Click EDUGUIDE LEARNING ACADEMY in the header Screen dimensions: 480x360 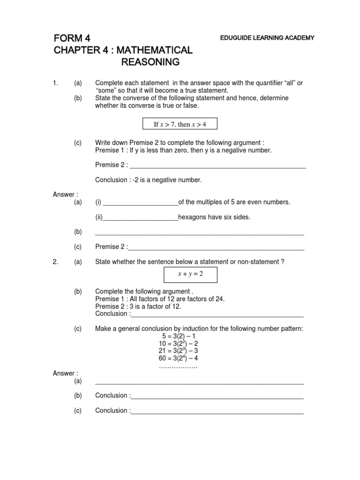click(267, 38)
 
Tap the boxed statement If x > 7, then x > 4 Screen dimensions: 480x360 click(180, 124)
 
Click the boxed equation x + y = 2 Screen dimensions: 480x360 click(190, 274)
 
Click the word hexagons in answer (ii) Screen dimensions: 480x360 click(193, 217)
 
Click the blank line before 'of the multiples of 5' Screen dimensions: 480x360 click(140, 203)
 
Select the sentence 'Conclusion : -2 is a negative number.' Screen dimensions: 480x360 click(149, 180)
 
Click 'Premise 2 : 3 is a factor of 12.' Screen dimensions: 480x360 click(138, 306)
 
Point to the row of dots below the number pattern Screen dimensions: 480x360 click(178, 367)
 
